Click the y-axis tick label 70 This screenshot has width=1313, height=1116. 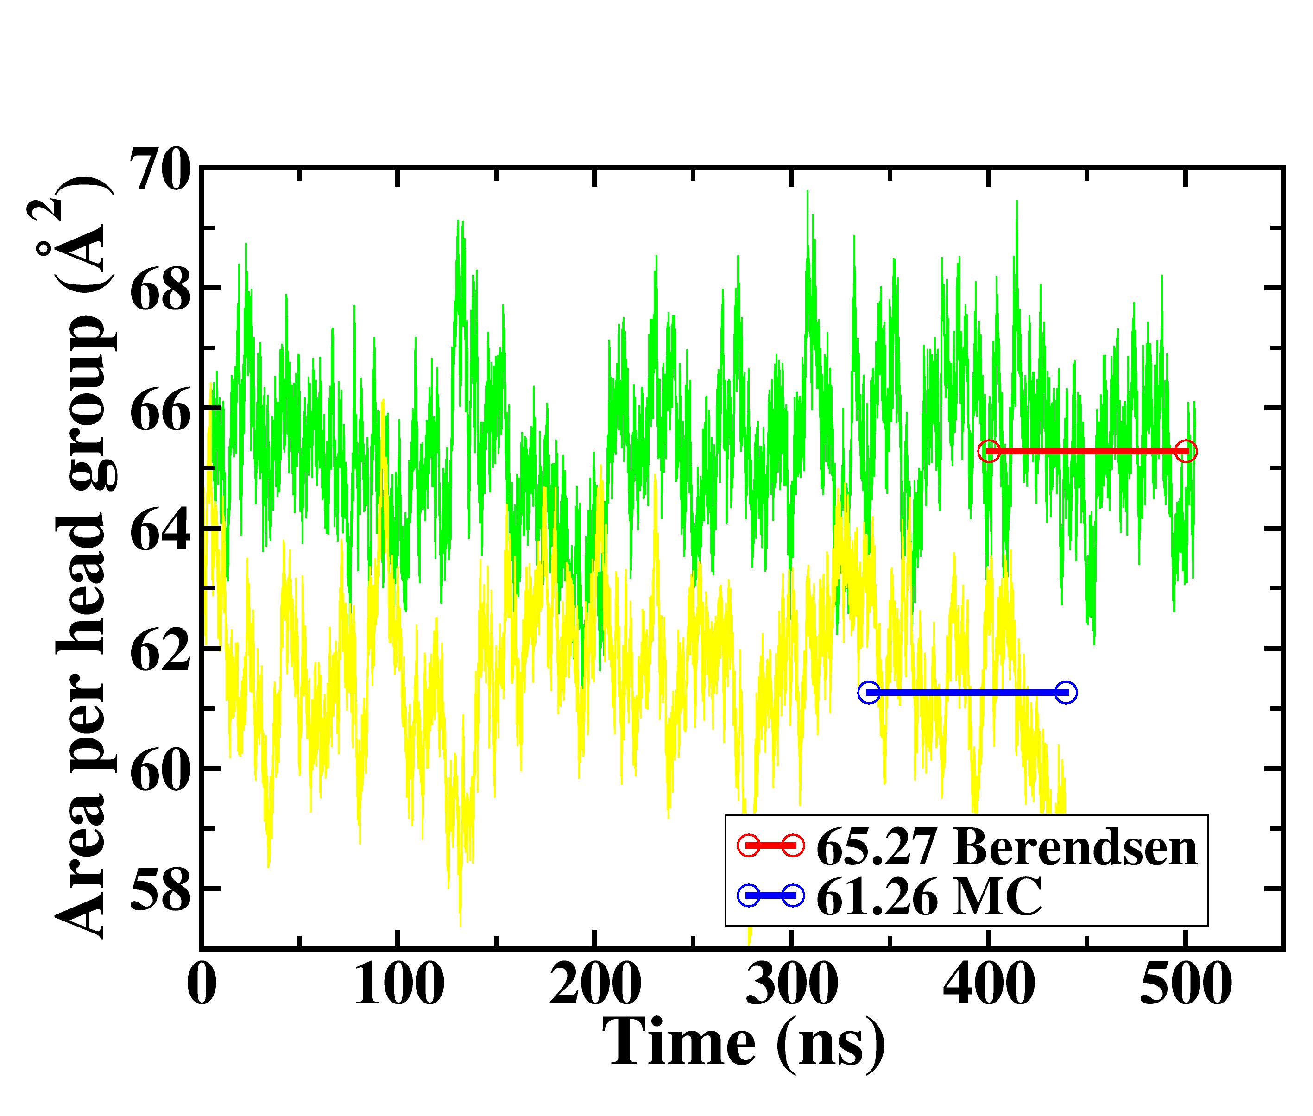coord(159,170)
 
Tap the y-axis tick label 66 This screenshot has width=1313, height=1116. coord(159,410)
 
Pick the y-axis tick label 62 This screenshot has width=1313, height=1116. coord(159,650)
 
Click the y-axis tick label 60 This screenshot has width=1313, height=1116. coord(159,770)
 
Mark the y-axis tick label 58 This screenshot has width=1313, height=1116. coord(159,889)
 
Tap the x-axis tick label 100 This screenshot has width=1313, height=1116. coord(398,984)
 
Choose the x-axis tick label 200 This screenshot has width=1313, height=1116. coord(595,984)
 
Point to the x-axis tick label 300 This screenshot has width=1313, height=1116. coord(792,984)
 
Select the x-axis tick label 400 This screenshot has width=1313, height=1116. coord(988,984)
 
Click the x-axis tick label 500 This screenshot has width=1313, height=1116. coord(1185,984)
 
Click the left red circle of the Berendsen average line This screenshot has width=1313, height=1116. coord(988,451)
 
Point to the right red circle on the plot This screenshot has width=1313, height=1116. coord(1187,451)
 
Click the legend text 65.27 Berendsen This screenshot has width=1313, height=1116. coord(1006,847)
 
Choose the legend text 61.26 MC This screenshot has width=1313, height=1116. coord(929,896)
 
